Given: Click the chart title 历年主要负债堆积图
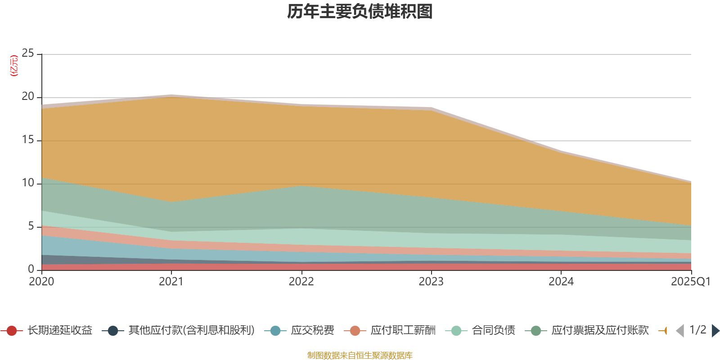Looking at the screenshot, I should pyautogui.click(x=360, y=12).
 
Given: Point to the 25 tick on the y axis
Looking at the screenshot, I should pyautogui.click(x=28, y=54).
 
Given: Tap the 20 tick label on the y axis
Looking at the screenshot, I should pyautogui.click(x=28, y=97).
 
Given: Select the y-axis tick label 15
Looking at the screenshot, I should pyautogui.click(x=28, y=140).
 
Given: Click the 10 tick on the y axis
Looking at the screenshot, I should pyautogui.click(x=28, y=183).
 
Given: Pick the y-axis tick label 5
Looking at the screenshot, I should pyautogui.click(x=31, y=226).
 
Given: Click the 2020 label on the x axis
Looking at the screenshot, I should pyautogui.click(x=41, y=282).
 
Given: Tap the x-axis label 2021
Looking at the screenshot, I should pyautogui.click(x=171, y=282).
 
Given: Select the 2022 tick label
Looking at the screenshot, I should pyautogui.click(x=301, y=282).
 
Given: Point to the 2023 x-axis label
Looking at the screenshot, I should pyautogui.click(x=431, y=282).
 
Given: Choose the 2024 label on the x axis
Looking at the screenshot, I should pyautogui.click(x=561, y=282).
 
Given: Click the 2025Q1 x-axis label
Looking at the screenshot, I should pyautogui.click(x=690, y=282).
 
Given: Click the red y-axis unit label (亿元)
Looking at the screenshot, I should pyautogui.click(x=14, y=66).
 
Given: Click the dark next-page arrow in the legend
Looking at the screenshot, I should pyautogui.click(x=715, y=331).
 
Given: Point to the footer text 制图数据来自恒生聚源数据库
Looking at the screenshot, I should pyautogui.click(x=360, y=355).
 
